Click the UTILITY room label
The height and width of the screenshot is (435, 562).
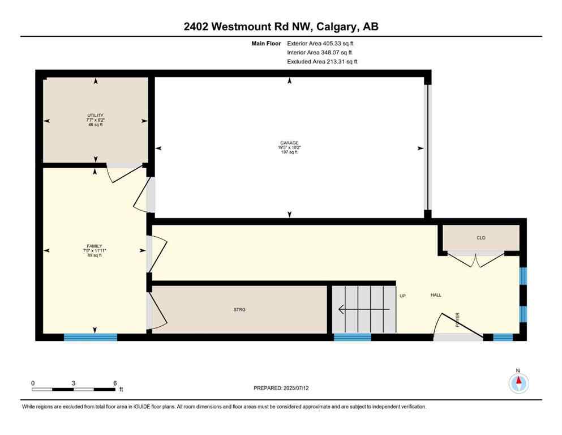coord(95,115)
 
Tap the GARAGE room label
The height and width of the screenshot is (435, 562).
coord(290,143)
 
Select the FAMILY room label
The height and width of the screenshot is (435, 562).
coord(95,246)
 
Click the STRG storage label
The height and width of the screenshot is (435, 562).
coord(239,310)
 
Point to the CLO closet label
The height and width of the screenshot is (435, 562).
coord(481,238)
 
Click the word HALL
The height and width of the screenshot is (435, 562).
coord(436,295)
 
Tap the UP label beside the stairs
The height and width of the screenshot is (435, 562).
coord(403,295)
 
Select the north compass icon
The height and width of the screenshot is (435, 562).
coord(518,383)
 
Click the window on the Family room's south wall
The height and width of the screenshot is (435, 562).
coord(90,337)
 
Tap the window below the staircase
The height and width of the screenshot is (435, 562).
coord(352,337)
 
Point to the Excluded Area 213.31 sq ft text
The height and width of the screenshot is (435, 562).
coord(322,61)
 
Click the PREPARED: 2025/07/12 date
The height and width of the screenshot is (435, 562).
coord(281,388)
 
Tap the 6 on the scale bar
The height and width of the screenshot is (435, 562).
coord(115,383)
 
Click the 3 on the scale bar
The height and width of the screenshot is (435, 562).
coord(74,383)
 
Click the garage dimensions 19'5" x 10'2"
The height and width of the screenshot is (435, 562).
coord(290,148)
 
